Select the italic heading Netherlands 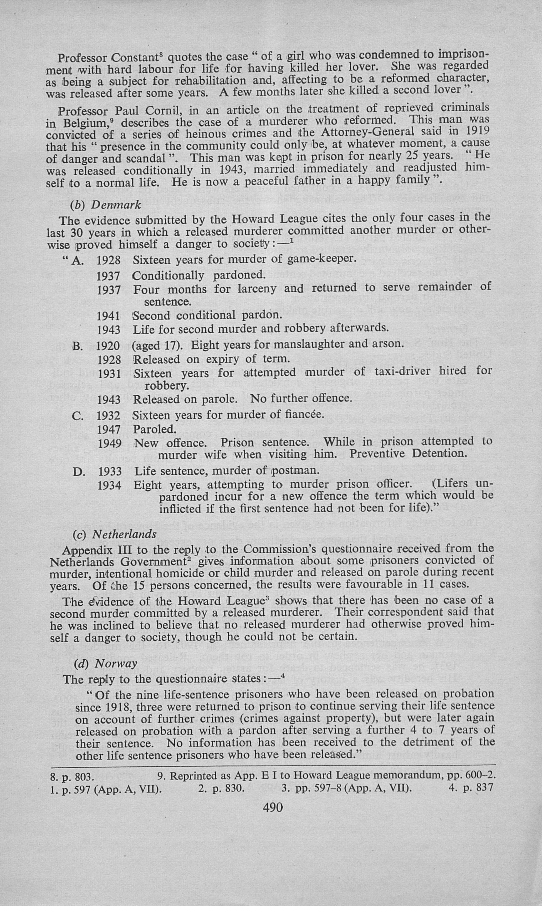point(124,535)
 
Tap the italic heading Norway point(116,663)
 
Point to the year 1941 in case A point(109,316)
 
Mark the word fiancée point(305,415)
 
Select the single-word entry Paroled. point(155,429)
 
